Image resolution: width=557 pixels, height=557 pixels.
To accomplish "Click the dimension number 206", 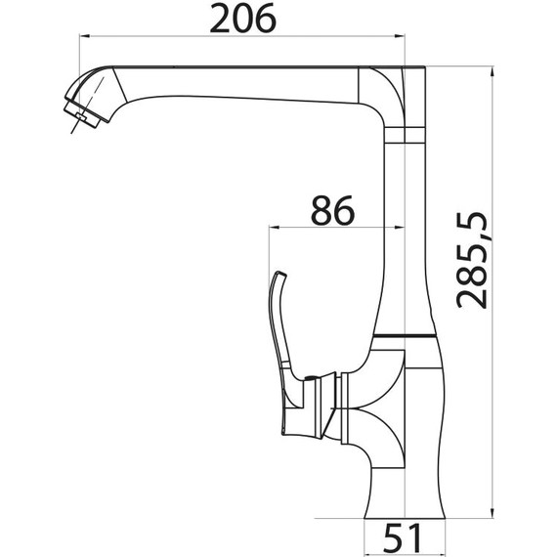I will [240, 19].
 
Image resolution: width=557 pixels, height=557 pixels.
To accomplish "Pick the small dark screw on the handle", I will [307, 379].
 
